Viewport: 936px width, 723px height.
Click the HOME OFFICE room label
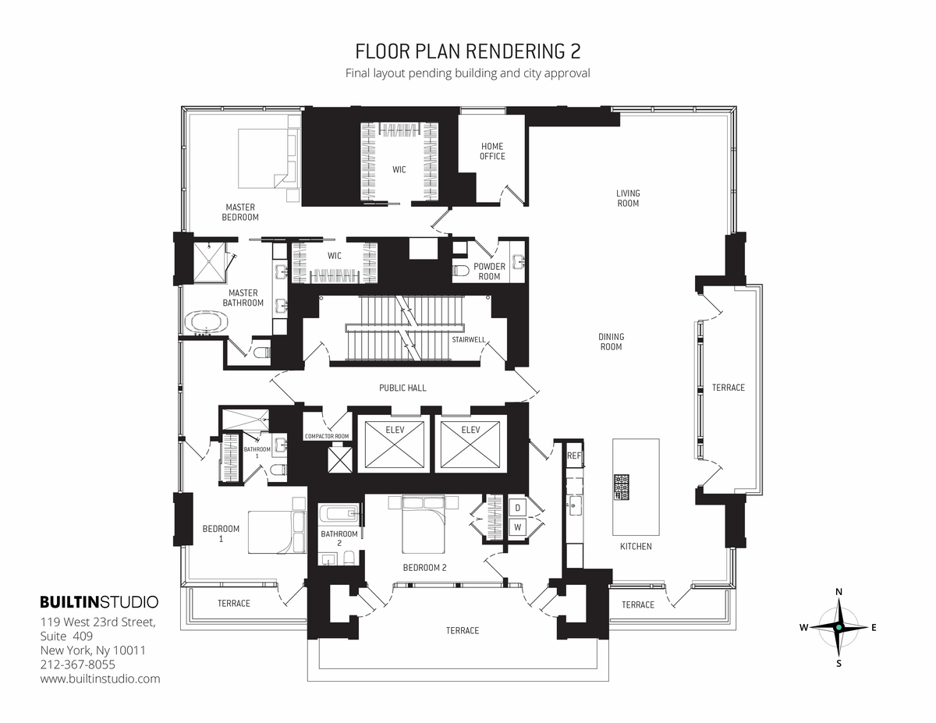[x=492, y=151]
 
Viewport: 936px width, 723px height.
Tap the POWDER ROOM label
[x=489, y=271]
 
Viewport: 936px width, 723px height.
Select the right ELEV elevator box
[x=470, y=446]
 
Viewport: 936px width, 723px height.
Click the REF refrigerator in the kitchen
[x=574, y=455]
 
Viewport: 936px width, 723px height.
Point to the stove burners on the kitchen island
[x=622, y=487]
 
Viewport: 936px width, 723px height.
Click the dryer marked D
[x=516, y=509]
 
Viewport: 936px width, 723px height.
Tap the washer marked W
[x=516, y=527]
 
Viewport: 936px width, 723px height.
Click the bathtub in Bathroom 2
[x=339, y=515]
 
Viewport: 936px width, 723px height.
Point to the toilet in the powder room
[x=461, y=271]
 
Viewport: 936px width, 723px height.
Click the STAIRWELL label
[x=469, y=340]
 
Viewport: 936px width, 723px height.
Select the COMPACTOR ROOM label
[x=326, y=436]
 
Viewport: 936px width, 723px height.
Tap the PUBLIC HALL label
[x=402, y=388]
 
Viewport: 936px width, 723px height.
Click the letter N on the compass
[x=838, y=592]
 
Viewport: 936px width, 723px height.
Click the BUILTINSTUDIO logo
[x=99, y=602]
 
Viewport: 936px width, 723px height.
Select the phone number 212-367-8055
[x=77, y=665]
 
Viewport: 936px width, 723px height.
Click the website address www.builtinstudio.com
[x=100, y=679]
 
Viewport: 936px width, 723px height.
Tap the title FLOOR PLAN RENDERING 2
[x=467, y=51]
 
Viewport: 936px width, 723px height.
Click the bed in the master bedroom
[x=266, y=158]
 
